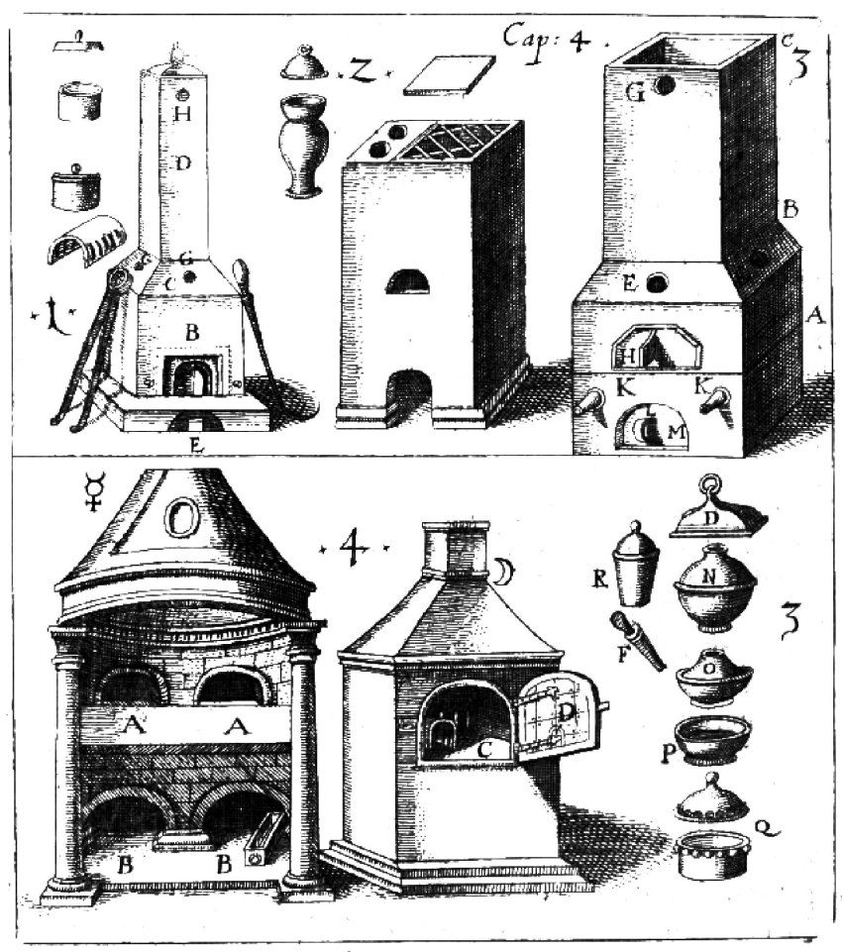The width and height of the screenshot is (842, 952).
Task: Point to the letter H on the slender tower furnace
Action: click(181, 114)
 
